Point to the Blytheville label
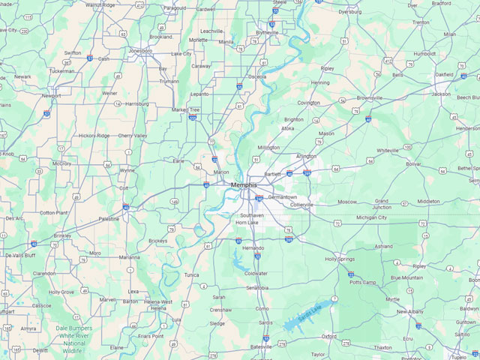click(x=267, y=33)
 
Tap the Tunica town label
click(x=192, y=275)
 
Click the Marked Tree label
click(x=185, y=109)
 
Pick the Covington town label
click(x=308, y=103)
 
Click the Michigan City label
click(x=371, y=217)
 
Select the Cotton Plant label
click(x=53, y=212)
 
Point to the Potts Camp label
click(x=363, y=283)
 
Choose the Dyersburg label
click(x=349, y=12)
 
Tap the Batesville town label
click(x=261, y=347)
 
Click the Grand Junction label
click(x=382, y=205)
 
